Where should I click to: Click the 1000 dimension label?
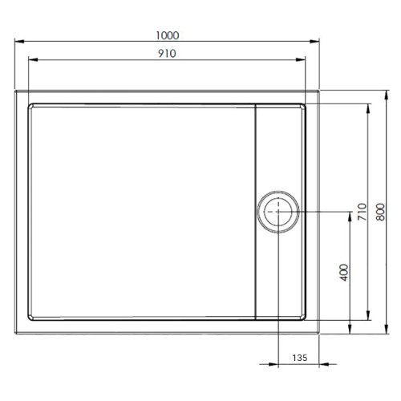[168, 34]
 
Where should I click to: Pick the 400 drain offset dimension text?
[344, 271]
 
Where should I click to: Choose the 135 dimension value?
[299, 358]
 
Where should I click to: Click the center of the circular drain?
[278, 212]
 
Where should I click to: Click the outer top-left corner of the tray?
[15, 91]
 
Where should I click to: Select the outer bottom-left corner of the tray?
[15, 330]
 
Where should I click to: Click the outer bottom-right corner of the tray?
[320, 330]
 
